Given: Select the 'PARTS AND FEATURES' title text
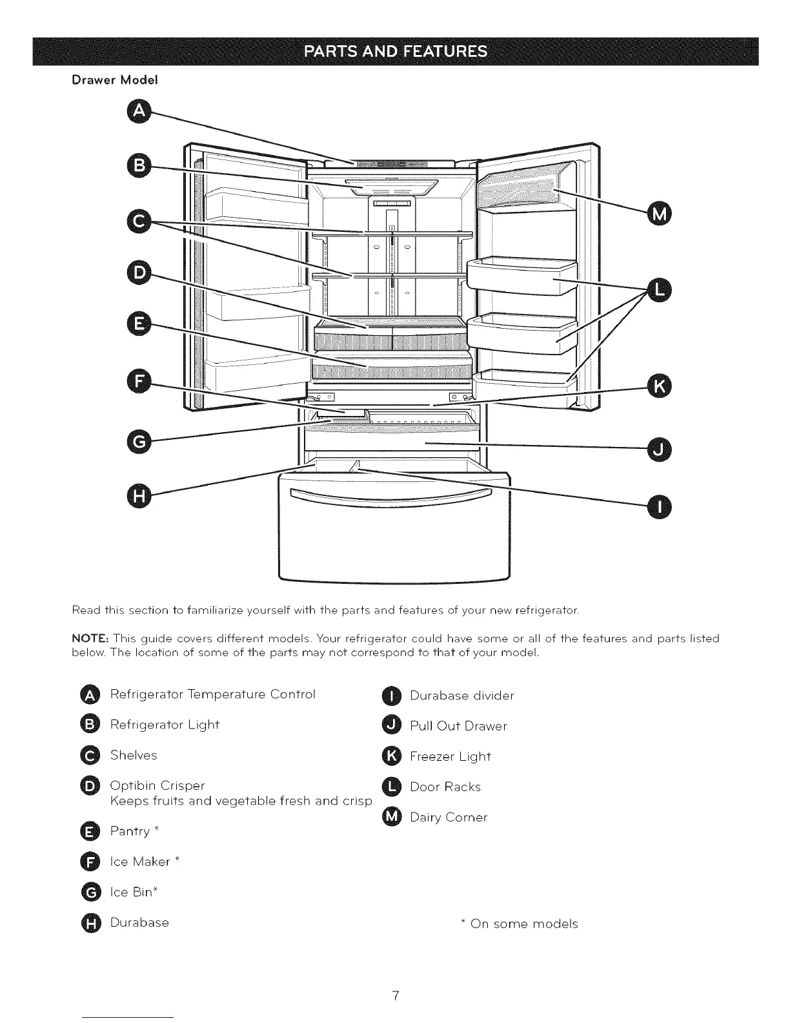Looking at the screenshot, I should pyautogui.click(x=395, y=52).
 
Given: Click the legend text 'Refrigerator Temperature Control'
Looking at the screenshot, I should pyautogui.click(x=213, y=694).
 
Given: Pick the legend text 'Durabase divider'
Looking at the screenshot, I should pyautogui.click(x=462, y=696).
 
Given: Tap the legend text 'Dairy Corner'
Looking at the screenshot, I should pyautogui.click(x=449, y=817).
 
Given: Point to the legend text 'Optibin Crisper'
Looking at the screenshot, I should pyautogui.click(x=157, y=785).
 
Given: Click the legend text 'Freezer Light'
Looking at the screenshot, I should pyautogui.click(x=451, y=756).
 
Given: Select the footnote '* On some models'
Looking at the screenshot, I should pyautogui.click(x=520, y=924).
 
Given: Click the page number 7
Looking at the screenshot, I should pyautogui.click(x=395, y=995).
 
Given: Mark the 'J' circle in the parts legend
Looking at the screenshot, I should pyautogui.click(x=392, y=725).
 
